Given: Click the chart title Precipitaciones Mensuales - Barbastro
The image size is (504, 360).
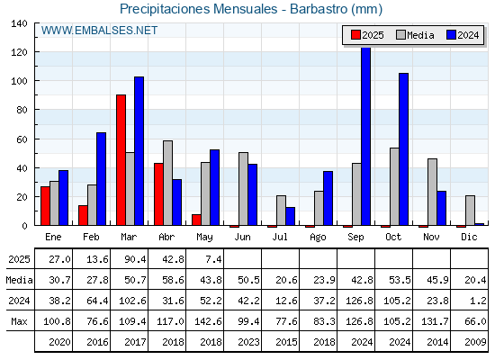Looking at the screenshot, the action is (234, 9).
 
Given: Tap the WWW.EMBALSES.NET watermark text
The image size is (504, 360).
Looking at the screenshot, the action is (99, 31).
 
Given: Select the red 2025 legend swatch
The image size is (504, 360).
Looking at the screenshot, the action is (355, 35).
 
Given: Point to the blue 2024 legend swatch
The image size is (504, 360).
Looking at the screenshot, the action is (451, 35).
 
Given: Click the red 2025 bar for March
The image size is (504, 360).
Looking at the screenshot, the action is (121, 160).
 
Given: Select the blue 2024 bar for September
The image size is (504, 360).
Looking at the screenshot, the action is (365, 136).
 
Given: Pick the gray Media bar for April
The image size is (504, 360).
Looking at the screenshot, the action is (167, 183).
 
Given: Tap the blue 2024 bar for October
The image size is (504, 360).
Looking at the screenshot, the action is (404, 149).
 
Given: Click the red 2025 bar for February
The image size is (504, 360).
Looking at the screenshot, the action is (83, 215).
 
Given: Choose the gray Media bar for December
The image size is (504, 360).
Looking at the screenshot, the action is (470, 211).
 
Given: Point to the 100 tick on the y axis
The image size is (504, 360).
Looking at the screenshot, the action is (19, 81).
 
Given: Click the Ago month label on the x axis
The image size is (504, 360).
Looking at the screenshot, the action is (318, 238).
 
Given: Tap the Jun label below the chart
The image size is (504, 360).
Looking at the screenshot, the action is (242, 237).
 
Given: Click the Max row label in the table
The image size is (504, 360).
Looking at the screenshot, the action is (19, 321).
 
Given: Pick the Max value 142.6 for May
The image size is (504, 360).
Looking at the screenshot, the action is (208, 321).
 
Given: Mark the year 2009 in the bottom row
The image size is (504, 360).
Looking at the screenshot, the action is (475, 342).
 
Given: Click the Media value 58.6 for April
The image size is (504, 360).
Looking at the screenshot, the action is (173, 280).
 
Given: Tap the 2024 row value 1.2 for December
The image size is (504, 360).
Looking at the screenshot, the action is (478, 301).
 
